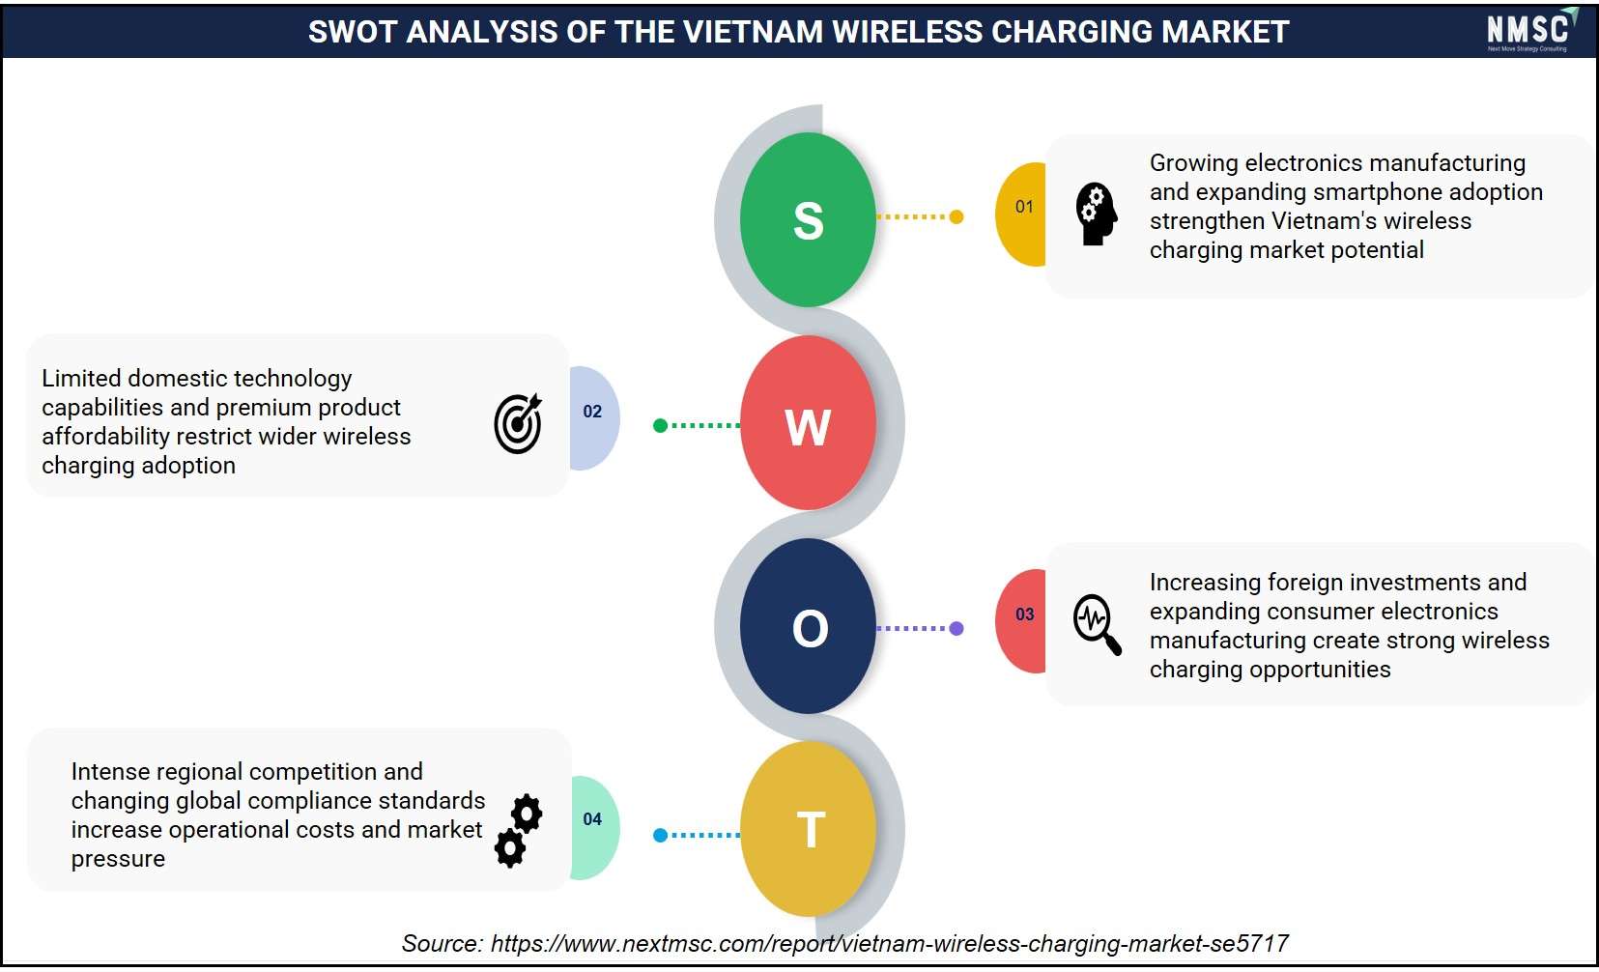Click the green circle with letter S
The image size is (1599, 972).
808,219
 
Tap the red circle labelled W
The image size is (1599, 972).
808,423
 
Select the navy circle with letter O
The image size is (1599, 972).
808,626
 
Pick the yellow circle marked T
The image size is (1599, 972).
808,829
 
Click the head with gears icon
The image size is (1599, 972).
1097,214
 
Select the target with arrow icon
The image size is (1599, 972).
518,423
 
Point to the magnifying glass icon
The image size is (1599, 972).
1098,624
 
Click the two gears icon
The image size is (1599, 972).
519,831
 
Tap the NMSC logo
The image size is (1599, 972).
1530,30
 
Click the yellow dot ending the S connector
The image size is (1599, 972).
957,216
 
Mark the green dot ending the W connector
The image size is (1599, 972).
660,426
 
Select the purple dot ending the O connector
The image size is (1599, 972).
957,628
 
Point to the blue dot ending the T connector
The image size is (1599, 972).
660,835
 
